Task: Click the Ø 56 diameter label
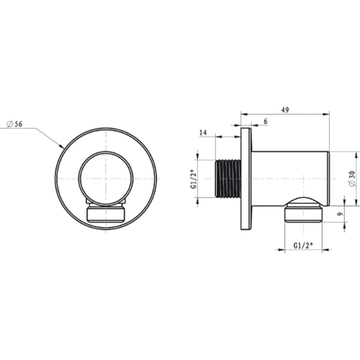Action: tap(14, 124)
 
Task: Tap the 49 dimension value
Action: tap(285, 110)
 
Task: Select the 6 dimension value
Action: tap(265, 121)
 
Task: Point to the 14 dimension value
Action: tap(203, 132)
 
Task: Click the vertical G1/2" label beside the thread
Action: tap(193, 179)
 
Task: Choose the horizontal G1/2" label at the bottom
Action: tap(303, 245)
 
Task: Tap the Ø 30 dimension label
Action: tap(352, 179)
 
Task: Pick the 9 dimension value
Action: tap(341, 214)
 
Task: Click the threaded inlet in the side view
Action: tap(228, 179)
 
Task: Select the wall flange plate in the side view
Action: tap(246, 179)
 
